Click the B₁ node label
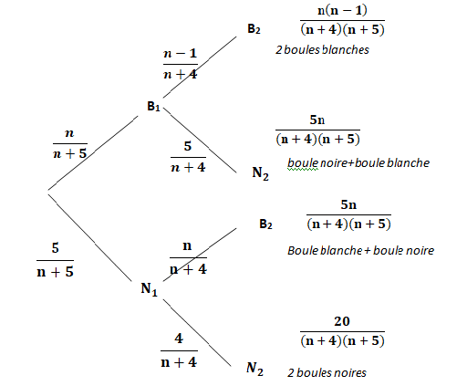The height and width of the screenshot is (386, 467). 153,107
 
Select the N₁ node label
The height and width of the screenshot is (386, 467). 149,289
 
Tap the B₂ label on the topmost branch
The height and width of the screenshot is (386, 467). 254,29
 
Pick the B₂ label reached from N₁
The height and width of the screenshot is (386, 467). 265,224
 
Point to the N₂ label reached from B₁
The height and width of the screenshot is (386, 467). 261,173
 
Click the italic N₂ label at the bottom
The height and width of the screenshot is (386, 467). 254,369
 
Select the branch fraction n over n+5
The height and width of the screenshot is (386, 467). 70,144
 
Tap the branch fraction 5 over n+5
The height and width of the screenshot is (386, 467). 55,260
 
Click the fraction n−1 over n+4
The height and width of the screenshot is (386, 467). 181,64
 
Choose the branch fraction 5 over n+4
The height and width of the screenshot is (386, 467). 188,157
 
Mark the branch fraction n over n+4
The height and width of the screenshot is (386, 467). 188,257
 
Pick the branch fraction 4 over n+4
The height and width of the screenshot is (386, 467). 179,350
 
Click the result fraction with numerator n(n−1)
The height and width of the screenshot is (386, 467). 342,20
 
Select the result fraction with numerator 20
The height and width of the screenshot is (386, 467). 342,331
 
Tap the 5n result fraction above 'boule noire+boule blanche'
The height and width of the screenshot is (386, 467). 317,130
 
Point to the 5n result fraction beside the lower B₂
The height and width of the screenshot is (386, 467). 348,214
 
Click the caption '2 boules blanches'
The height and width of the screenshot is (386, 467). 322,50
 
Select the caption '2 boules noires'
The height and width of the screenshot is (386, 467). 327,373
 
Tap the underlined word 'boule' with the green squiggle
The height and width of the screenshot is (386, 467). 303,163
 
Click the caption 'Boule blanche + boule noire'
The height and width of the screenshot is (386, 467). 361,251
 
